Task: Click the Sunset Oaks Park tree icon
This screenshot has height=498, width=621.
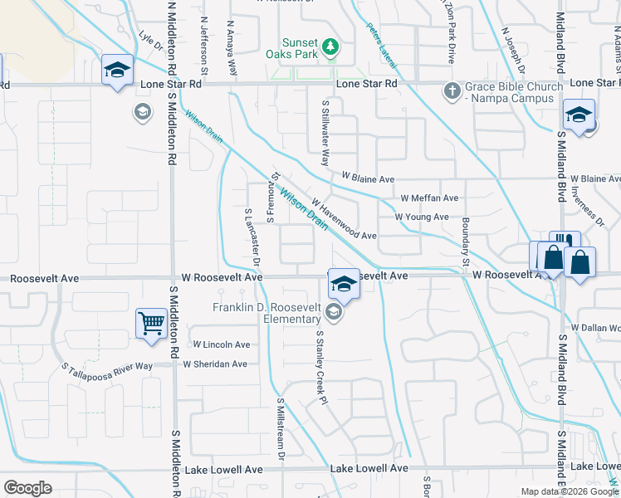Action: pyautogui.click(x=330, y=46)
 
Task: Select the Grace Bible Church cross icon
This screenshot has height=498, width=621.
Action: pyautogui.click(x=452, y=90)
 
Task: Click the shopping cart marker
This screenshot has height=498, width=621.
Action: pyautogui.click(x=151, y=322)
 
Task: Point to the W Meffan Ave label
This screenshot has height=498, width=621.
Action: pyautogui.click(x=429, y=198)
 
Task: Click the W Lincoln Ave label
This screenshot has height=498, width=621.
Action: pyautogui.click(x=221, y=344)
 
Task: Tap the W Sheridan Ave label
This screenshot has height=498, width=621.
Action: pyautogui.click(x=215, y=364)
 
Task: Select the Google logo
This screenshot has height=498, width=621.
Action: pyautogui.click(x=27, y=488)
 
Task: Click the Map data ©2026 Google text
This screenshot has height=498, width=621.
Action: pyautogui.click(x=570, y=491)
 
